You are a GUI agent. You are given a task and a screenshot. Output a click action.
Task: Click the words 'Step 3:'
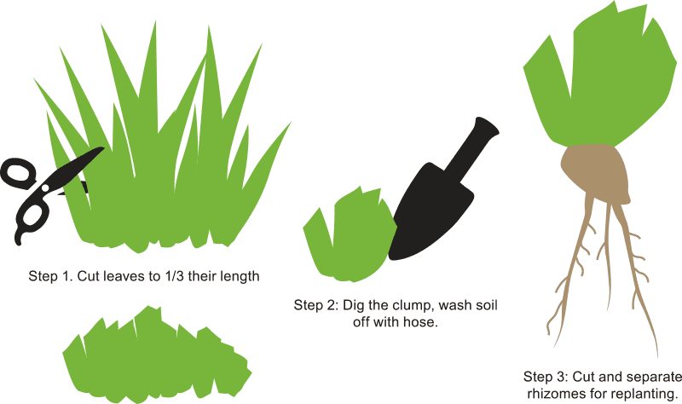pos(541,377)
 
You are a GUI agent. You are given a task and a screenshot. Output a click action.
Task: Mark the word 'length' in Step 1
pos(240,276)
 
